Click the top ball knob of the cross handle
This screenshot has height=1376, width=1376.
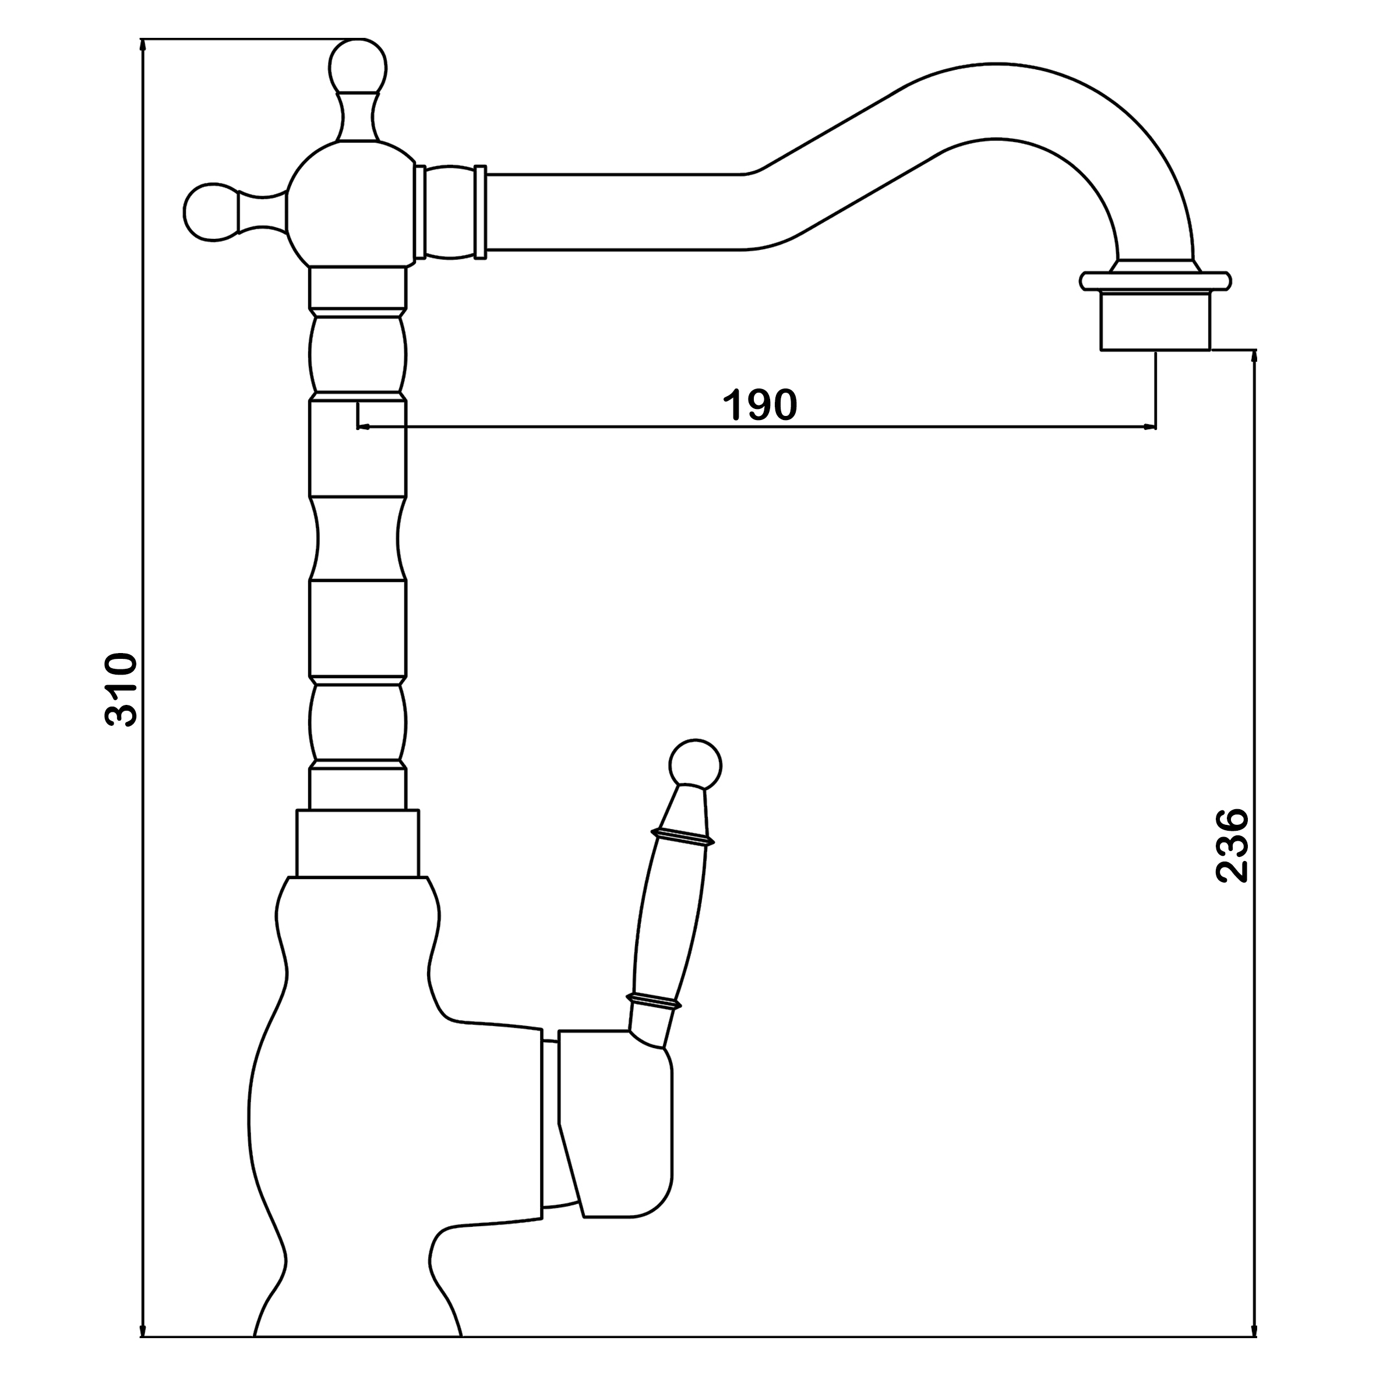[x=358, y=67]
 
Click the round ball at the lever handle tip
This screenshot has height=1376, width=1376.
[x=695, y=766]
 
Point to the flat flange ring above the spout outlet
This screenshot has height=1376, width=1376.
[x=1155, y=281]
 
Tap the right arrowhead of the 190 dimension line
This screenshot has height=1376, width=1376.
[x=1149, y=428]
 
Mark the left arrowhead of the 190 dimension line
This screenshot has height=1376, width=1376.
[x=364, y=428]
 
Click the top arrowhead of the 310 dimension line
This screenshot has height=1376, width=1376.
[x=143, y=45]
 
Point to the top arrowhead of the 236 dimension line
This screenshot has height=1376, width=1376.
[x=1255, y=356]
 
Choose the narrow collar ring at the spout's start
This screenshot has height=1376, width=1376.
[x=481, y=211]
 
